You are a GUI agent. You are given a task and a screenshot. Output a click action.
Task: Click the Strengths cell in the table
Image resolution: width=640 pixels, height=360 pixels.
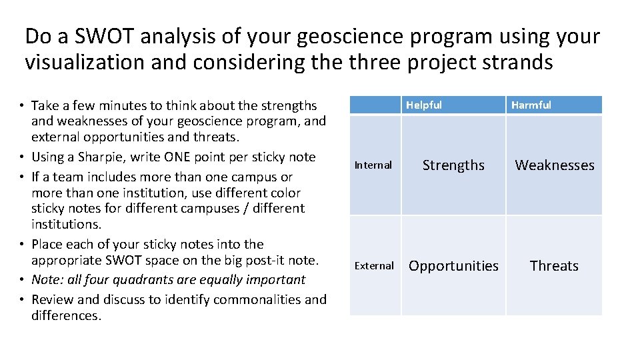point(453,165)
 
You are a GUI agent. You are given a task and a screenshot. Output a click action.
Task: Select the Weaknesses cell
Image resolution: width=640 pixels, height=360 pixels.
point(554,165)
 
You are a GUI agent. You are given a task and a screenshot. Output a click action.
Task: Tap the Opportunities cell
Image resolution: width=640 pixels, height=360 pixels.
point(453,266)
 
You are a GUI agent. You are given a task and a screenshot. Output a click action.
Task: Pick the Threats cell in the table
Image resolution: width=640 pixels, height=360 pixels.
point(554,266)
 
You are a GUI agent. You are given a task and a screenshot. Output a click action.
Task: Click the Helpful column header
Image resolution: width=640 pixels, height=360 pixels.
point(424,105)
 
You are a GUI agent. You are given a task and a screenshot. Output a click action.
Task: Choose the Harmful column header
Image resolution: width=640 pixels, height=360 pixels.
point(531,105)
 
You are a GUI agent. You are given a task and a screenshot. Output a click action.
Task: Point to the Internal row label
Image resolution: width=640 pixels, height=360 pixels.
point(373,165)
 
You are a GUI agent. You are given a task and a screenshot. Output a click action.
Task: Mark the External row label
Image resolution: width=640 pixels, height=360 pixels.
point(374,266)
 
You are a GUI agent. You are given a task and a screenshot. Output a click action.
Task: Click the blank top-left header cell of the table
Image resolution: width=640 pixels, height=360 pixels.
point(375,105)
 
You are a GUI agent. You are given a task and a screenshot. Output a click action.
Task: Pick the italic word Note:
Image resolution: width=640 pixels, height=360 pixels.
point(46,280)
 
